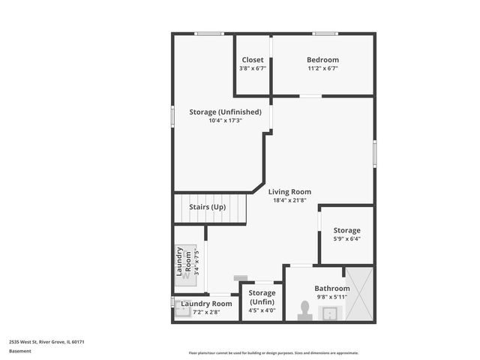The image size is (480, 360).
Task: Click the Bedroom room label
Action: point(322,60)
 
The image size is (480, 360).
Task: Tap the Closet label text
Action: point(252,60)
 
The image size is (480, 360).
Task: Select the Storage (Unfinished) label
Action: point(225,112)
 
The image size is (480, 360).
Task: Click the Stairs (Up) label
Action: point(207,207)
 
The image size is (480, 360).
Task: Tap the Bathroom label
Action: point(331,288)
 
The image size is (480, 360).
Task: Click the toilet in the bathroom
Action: point(304,310)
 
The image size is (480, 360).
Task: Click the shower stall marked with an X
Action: point(358,294)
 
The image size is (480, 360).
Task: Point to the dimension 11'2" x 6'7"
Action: point(322,68)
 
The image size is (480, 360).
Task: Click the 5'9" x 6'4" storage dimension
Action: point(346,239)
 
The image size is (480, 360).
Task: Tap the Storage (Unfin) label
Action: point(262,297)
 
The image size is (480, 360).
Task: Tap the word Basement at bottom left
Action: point(20,351)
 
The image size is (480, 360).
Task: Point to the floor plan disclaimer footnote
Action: point(273,352)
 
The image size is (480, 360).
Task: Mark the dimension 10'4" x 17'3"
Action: point(225,121)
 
